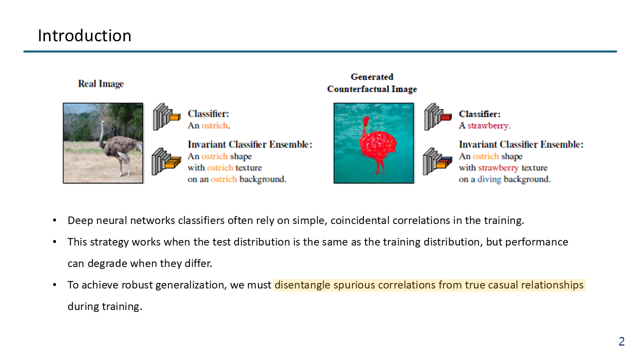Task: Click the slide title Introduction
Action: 84,35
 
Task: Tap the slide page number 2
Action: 621,341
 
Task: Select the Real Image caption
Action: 101,83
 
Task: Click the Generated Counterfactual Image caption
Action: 372,83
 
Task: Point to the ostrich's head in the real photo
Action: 102,123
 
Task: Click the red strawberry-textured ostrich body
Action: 377,146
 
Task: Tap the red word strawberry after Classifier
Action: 488,125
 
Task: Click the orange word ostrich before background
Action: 223,179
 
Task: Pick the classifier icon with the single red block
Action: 437,117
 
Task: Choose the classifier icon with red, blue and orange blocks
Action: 437,161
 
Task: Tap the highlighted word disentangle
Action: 302,285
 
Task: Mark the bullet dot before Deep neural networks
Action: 54,220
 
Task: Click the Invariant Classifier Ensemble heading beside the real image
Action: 250,144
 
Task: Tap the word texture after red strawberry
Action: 534,167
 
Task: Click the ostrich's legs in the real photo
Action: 124,165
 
